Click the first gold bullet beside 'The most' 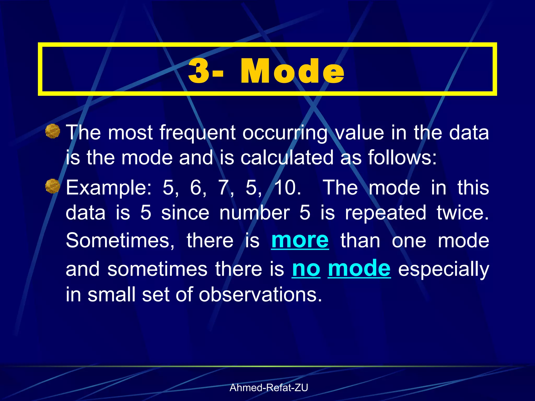[x=53, y=131]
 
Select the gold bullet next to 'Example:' [x=53, y=186]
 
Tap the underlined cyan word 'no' [x=306, y=269]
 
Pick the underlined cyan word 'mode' [x=359, y=269]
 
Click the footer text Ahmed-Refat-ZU [x=269, y=388]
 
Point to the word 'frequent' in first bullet [x=197, y=133]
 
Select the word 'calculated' [x=287, y=158]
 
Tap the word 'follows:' [x=402, y=158]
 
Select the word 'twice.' [x=463, y=213]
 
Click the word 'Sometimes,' [x=120, y=241]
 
